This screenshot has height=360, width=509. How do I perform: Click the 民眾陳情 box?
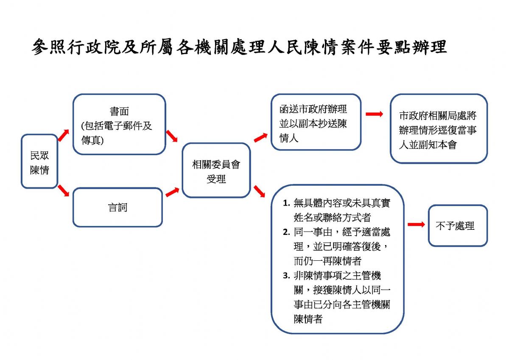click(39, 161)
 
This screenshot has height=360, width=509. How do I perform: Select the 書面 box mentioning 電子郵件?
click(119, 124)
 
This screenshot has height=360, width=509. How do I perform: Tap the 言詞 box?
click(118, 207)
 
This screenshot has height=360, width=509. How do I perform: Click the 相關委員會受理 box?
click(216, 170)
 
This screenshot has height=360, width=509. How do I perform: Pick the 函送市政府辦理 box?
click(316, 122)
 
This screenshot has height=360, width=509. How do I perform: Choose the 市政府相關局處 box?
click(439, 129)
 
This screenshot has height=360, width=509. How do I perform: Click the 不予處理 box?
click(458, 226)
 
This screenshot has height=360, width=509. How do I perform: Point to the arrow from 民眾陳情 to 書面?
click(63, 135)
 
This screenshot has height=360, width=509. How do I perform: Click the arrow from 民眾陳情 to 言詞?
click(63, 190)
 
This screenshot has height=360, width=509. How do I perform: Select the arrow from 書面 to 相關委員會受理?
click(172, 136)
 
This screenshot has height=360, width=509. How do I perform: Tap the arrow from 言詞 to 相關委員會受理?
click(172, 192)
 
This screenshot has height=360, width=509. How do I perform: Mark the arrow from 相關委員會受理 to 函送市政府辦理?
click(260, 138)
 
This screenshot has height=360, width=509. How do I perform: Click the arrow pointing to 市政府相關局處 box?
click(374, 114)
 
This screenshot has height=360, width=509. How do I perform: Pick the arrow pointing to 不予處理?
click(416, 224)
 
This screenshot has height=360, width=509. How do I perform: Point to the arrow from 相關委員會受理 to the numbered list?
click(259, 191)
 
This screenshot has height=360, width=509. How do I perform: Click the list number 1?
click(286, 203)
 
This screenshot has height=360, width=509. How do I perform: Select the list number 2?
click(286, 232)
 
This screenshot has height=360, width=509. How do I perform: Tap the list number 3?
click(286, 276)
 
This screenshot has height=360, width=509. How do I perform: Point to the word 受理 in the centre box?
click(216, 179)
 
